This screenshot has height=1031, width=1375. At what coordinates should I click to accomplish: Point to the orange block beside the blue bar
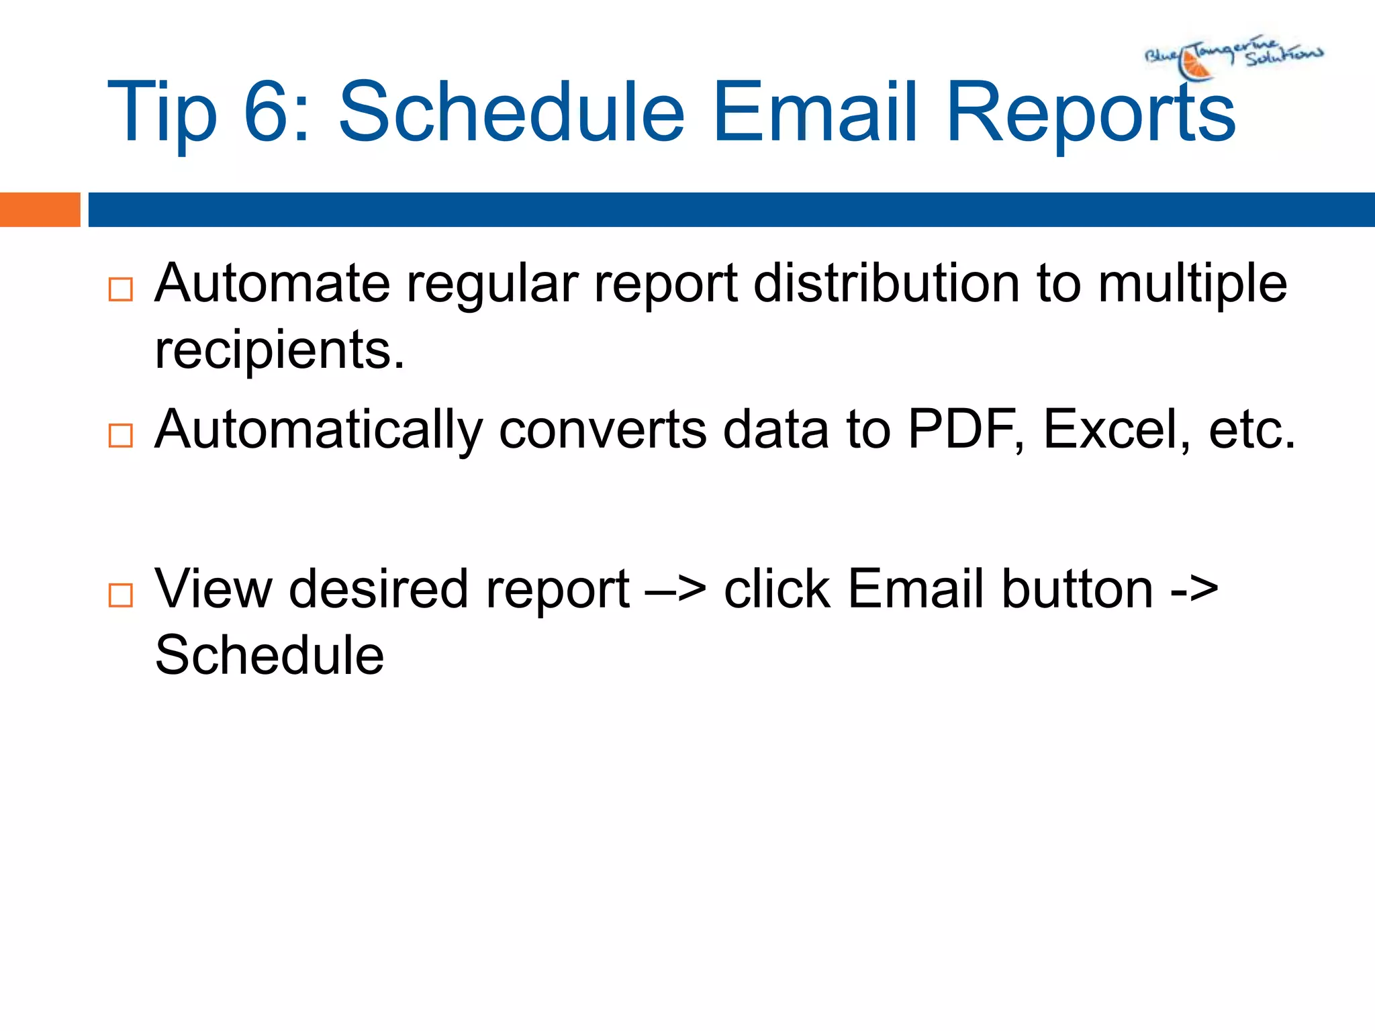40,209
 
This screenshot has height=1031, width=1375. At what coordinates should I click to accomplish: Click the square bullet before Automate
120,290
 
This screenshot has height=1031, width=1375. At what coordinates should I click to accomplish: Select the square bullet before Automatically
120,436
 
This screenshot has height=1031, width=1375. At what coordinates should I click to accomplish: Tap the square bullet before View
120,595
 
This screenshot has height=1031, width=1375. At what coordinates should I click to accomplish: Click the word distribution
886,283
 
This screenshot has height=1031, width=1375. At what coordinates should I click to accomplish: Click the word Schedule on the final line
269,655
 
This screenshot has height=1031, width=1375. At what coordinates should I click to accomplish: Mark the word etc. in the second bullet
1251,430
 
